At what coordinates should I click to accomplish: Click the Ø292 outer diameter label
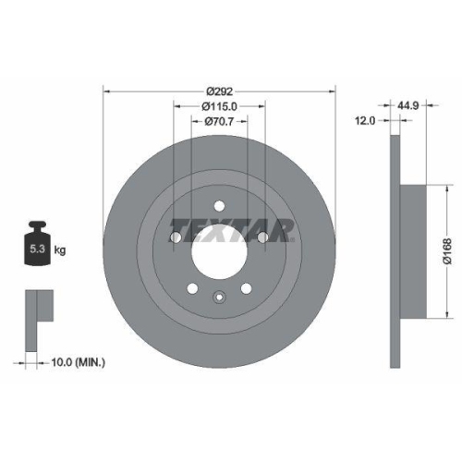[x=219, y=91]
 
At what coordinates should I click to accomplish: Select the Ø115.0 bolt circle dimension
[x=219, y=106]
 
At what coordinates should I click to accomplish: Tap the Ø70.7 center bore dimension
[x=219, y=121]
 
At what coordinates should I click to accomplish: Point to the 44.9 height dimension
[x=411, y=105]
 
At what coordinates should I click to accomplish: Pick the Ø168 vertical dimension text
[x=446, y=249]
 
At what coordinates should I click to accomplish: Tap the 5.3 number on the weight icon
[x=36, y=249]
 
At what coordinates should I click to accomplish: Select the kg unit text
[x=60, y=250]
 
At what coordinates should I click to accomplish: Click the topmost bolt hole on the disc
[x=219, y=206]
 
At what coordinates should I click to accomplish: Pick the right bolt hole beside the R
[x=262, y=238]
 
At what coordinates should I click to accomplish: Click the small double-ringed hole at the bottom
[x=219, y=297]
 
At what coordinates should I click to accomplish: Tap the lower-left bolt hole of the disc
[x=191, y=287]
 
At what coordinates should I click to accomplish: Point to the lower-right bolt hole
[x=247, y=287]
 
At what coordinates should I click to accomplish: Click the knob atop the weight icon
[x=37, y=225]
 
